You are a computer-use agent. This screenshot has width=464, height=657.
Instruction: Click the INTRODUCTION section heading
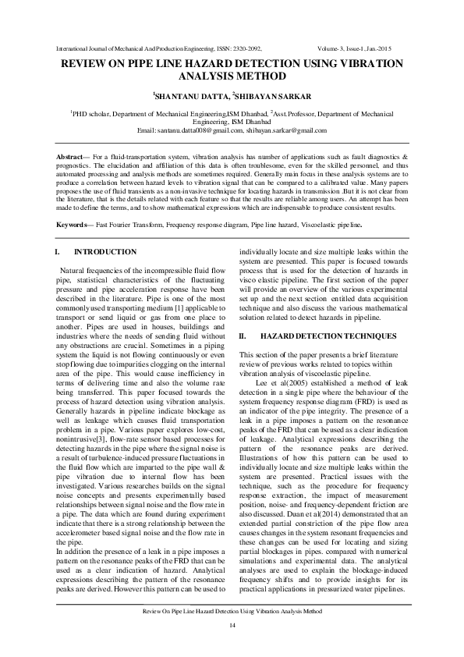pos(105,252)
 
